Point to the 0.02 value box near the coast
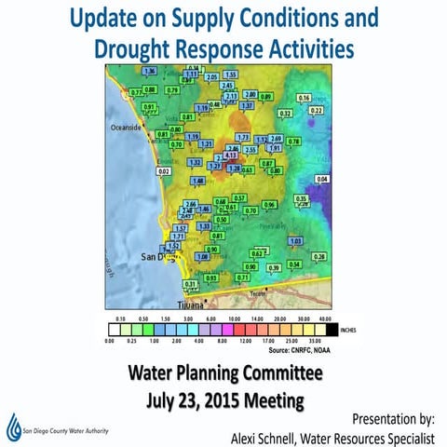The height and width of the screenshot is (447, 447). click(164, 172)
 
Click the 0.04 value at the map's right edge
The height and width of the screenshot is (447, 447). click(323, 178)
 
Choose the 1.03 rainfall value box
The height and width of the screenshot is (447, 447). click(296, 241)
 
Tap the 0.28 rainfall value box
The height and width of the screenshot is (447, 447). click(319, 256)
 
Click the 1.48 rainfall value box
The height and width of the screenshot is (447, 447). click(198, 181)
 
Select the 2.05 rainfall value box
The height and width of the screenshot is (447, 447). click(211, 77)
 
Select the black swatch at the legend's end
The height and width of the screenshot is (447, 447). click(331, 328)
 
